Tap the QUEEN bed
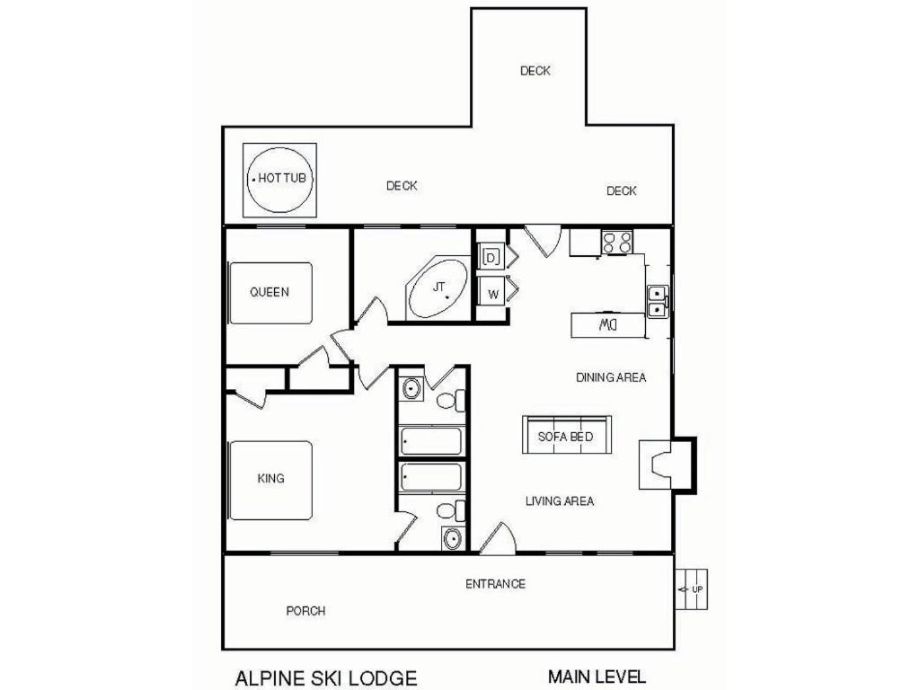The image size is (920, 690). [270, 293]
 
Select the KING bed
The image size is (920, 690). [270, 480]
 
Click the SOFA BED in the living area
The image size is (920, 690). [566, 435]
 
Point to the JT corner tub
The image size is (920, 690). [438, 288]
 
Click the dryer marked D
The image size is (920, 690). [491, 257]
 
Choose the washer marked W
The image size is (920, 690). [492, 294]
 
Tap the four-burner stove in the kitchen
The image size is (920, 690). [617, 242]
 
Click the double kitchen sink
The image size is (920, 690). [658, 301]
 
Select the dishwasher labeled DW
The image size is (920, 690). [608, 325]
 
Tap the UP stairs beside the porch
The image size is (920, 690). [691, 589]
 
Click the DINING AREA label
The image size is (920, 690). [611, 377]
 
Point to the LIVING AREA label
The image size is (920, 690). [559, 501]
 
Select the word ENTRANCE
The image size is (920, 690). [495, 584]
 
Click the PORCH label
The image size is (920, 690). [305, 611]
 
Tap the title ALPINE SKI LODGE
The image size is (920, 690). [326, 677]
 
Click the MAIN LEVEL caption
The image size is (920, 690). [597, 676]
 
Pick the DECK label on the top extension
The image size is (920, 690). [535, 70]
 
